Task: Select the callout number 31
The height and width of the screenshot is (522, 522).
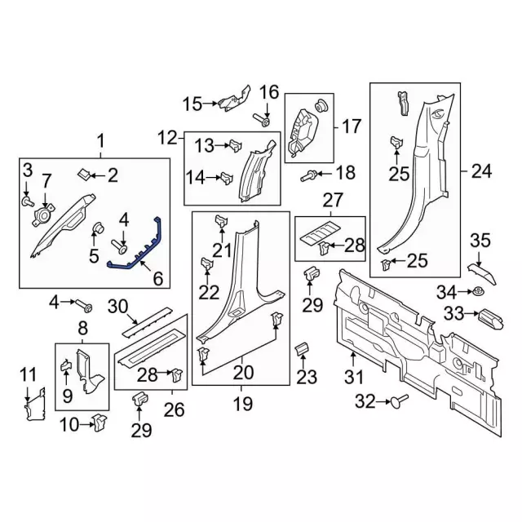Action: [352, 377]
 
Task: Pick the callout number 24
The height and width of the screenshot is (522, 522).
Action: [481, 172]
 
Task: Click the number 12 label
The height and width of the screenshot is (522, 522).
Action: [167, 137]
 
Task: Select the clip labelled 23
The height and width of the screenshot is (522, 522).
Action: [300, 350]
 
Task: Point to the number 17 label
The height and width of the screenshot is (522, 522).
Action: [351, 126]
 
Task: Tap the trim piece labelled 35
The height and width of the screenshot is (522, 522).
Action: [480, 267]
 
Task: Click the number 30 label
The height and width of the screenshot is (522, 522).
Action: [117, 307]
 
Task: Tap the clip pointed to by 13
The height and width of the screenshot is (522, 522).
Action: [234, 145]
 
